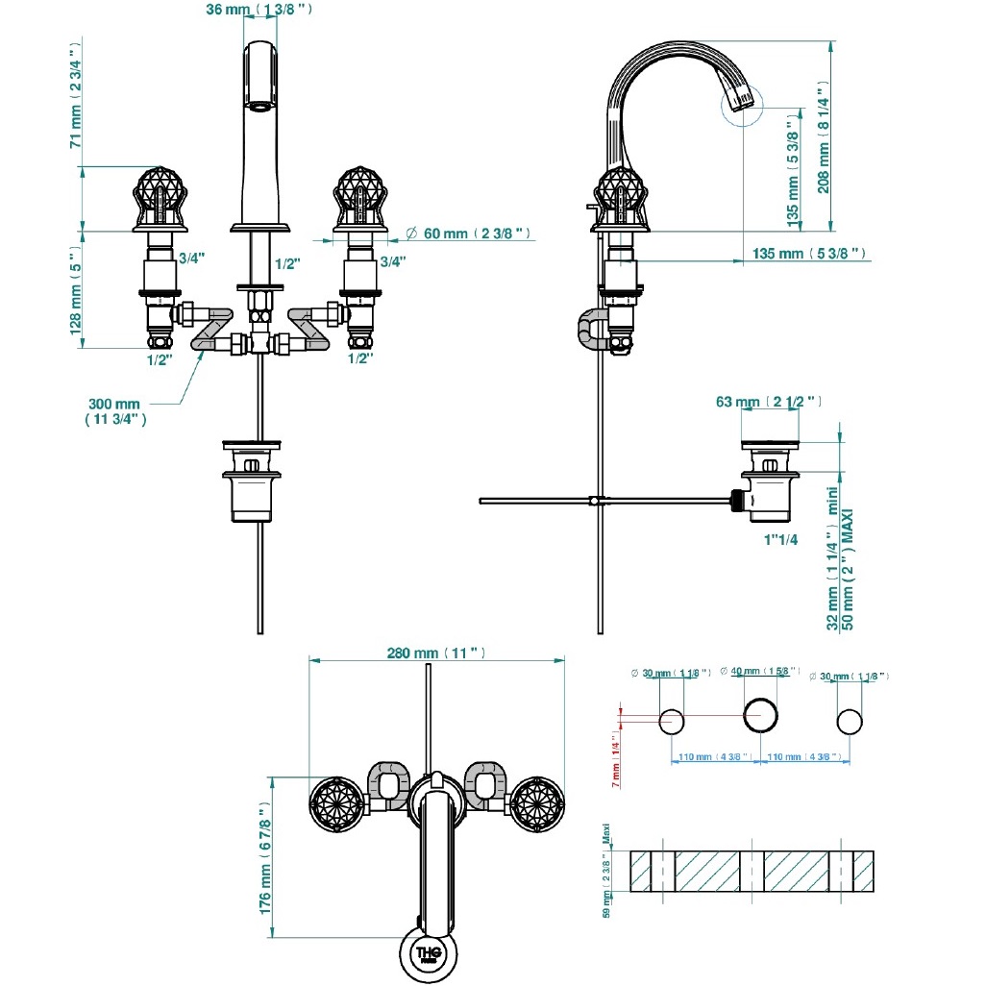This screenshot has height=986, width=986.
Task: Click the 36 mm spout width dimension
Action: tap(259, 10)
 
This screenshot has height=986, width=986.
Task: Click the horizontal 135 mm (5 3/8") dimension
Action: tap(806, 254)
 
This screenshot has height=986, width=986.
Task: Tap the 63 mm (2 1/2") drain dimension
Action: tap(768, 402)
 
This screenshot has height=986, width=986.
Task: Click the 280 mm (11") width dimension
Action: tap(435, 653)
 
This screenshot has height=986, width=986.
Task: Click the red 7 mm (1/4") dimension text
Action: tap(616, 759)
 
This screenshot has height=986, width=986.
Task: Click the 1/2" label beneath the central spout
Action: tap(286, 263)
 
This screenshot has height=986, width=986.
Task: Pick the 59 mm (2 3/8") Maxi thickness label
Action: tap(606, 871)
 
